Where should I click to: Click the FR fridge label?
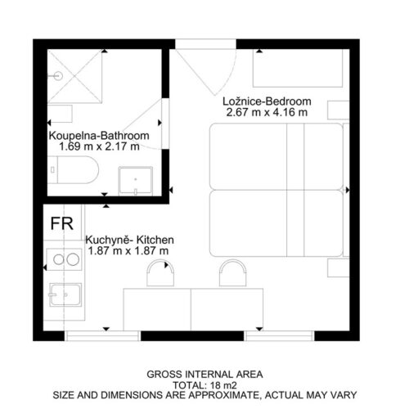62,223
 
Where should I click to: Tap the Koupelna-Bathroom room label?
99,136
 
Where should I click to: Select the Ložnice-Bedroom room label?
267,101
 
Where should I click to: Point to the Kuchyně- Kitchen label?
129,240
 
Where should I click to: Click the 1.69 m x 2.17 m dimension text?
99,146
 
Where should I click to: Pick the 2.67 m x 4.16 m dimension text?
267,112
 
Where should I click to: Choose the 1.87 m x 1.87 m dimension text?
128,251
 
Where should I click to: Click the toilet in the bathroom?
73,169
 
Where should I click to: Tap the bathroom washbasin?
136,181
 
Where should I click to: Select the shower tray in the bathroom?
74,76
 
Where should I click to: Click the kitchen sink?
65,294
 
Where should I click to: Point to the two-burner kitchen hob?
65,259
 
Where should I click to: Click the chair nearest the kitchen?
160,273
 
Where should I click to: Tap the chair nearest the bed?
233,273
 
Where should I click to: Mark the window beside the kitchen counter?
102,335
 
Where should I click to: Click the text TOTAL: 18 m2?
205,385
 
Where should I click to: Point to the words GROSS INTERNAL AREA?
204,375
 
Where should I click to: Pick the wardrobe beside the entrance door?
298,68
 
